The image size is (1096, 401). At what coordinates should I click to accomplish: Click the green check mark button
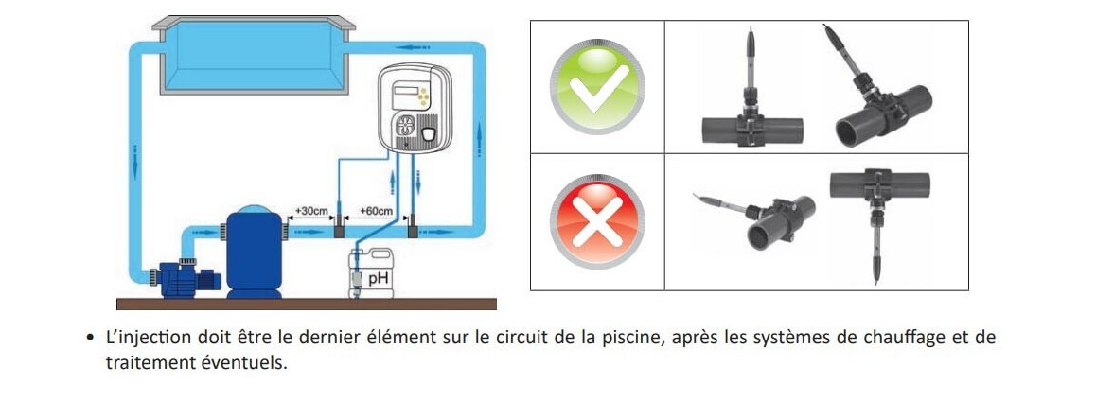596,87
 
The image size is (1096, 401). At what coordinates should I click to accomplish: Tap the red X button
596,222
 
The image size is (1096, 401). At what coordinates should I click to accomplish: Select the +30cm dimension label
311,210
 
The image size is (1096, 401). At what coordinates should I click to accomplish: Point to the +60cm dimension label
376,210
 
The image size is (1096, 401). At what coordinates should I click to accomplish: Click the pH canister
371,273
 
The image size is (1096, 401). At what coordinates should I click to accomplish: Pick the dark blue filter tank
255,252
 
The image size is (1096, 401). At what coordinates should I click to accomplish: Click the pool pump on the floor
184,277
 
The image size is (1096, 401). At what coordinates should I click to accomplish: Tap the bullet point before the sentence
90,339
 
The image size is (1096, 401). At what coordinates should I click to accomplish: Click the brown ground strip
306,304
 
